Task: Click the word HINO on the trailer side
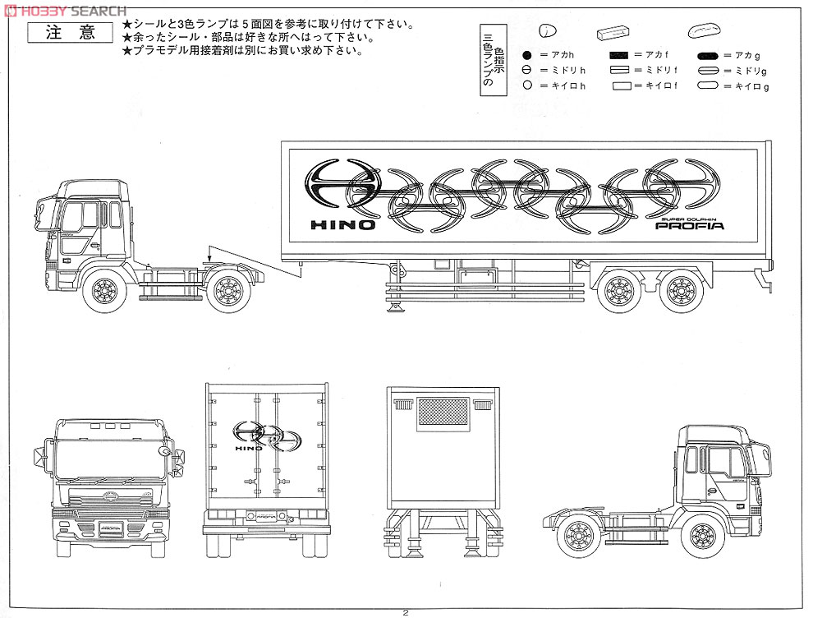pyautogui.click(x=342, y=224)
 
